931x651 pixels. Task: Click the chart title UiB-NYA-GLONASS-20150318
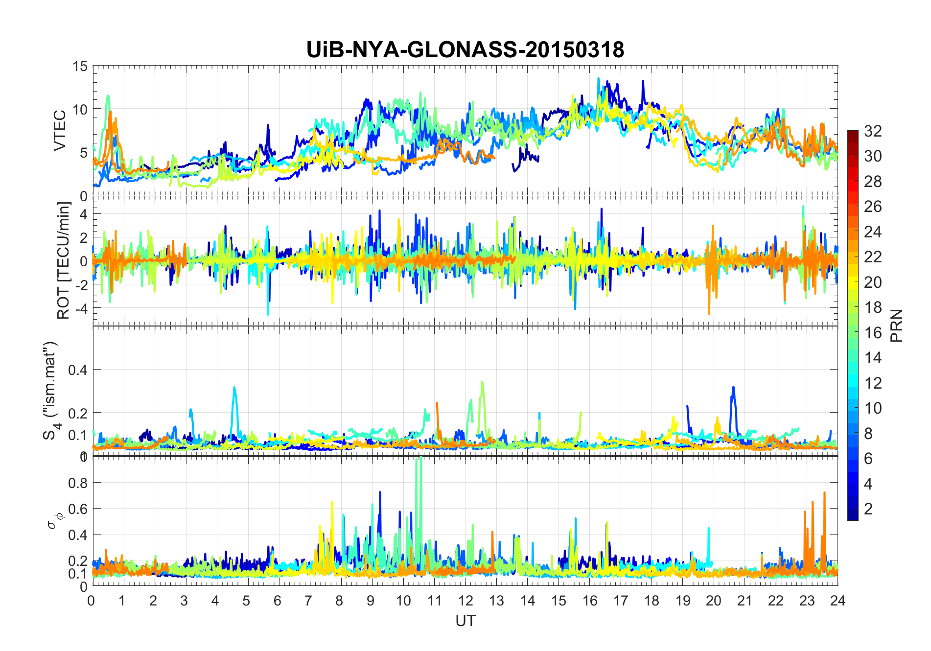[465, 50]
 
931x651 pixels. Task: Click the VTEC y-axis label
[60, 131]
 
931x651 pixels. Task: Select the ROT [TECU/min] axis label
[64, 260]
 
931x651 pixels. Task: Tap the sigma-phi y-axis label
[52, 520]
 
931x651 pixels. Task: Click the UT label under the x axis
[465, 621]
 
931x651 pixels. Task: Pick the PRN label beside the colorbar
[897, 325]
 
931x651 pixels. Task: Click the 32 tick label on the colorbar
[873, 131]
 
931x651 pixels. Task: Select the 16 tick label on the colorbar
[873, 333]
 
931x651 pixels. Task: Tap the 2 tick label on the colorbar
[868, 509]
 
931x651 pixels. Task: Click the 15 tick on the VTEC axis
[80, 66]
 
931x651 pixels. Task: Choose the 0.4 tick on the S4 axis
[77, 370]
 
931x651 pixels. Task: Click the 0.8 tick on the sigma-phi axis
[77, 483]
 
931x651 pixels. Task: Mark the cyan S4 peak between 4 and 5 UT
[234, 388]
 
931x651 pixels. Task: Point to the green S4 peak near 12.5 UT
[482, 382]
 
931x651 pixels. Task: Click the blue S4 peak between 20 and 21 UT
[733, 388]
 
